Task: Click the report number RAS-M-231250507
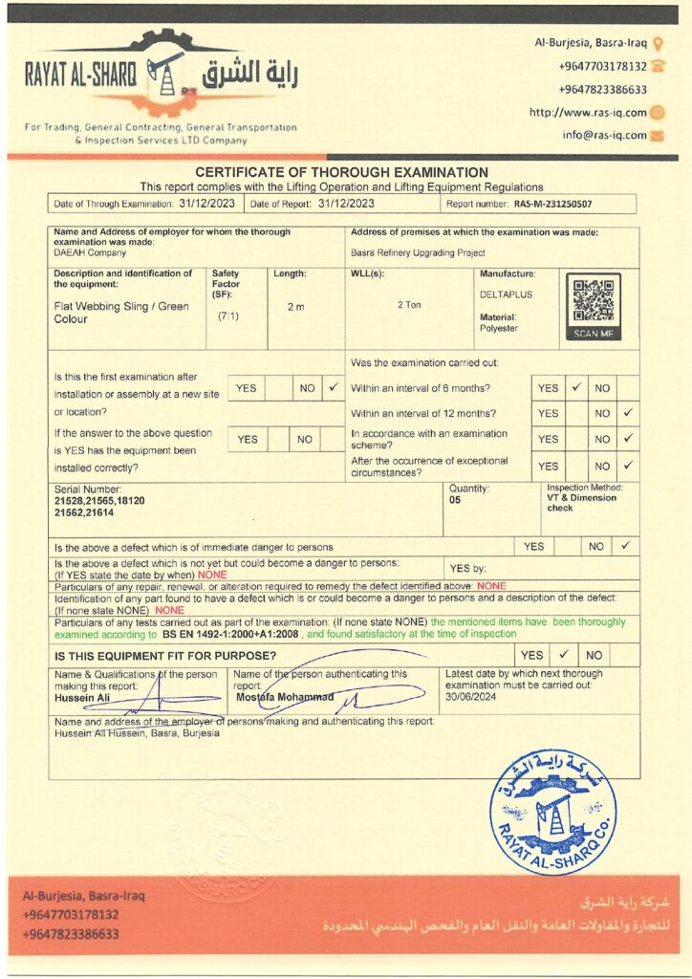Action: (552, 204)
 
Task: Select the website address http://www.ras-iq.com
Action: (588, 112)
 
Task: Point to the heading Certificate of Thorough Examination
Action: (341, 172)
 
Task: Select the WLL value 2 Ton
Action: (411, 304)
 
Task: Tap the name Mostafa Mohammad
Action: (285, 697)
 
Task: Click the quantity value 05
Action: (455, 499)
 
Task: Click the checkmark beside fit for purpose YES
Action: (564, 655)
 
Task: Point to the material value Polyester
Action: (498, 328)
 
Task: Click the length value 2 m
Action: (295, 307)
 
